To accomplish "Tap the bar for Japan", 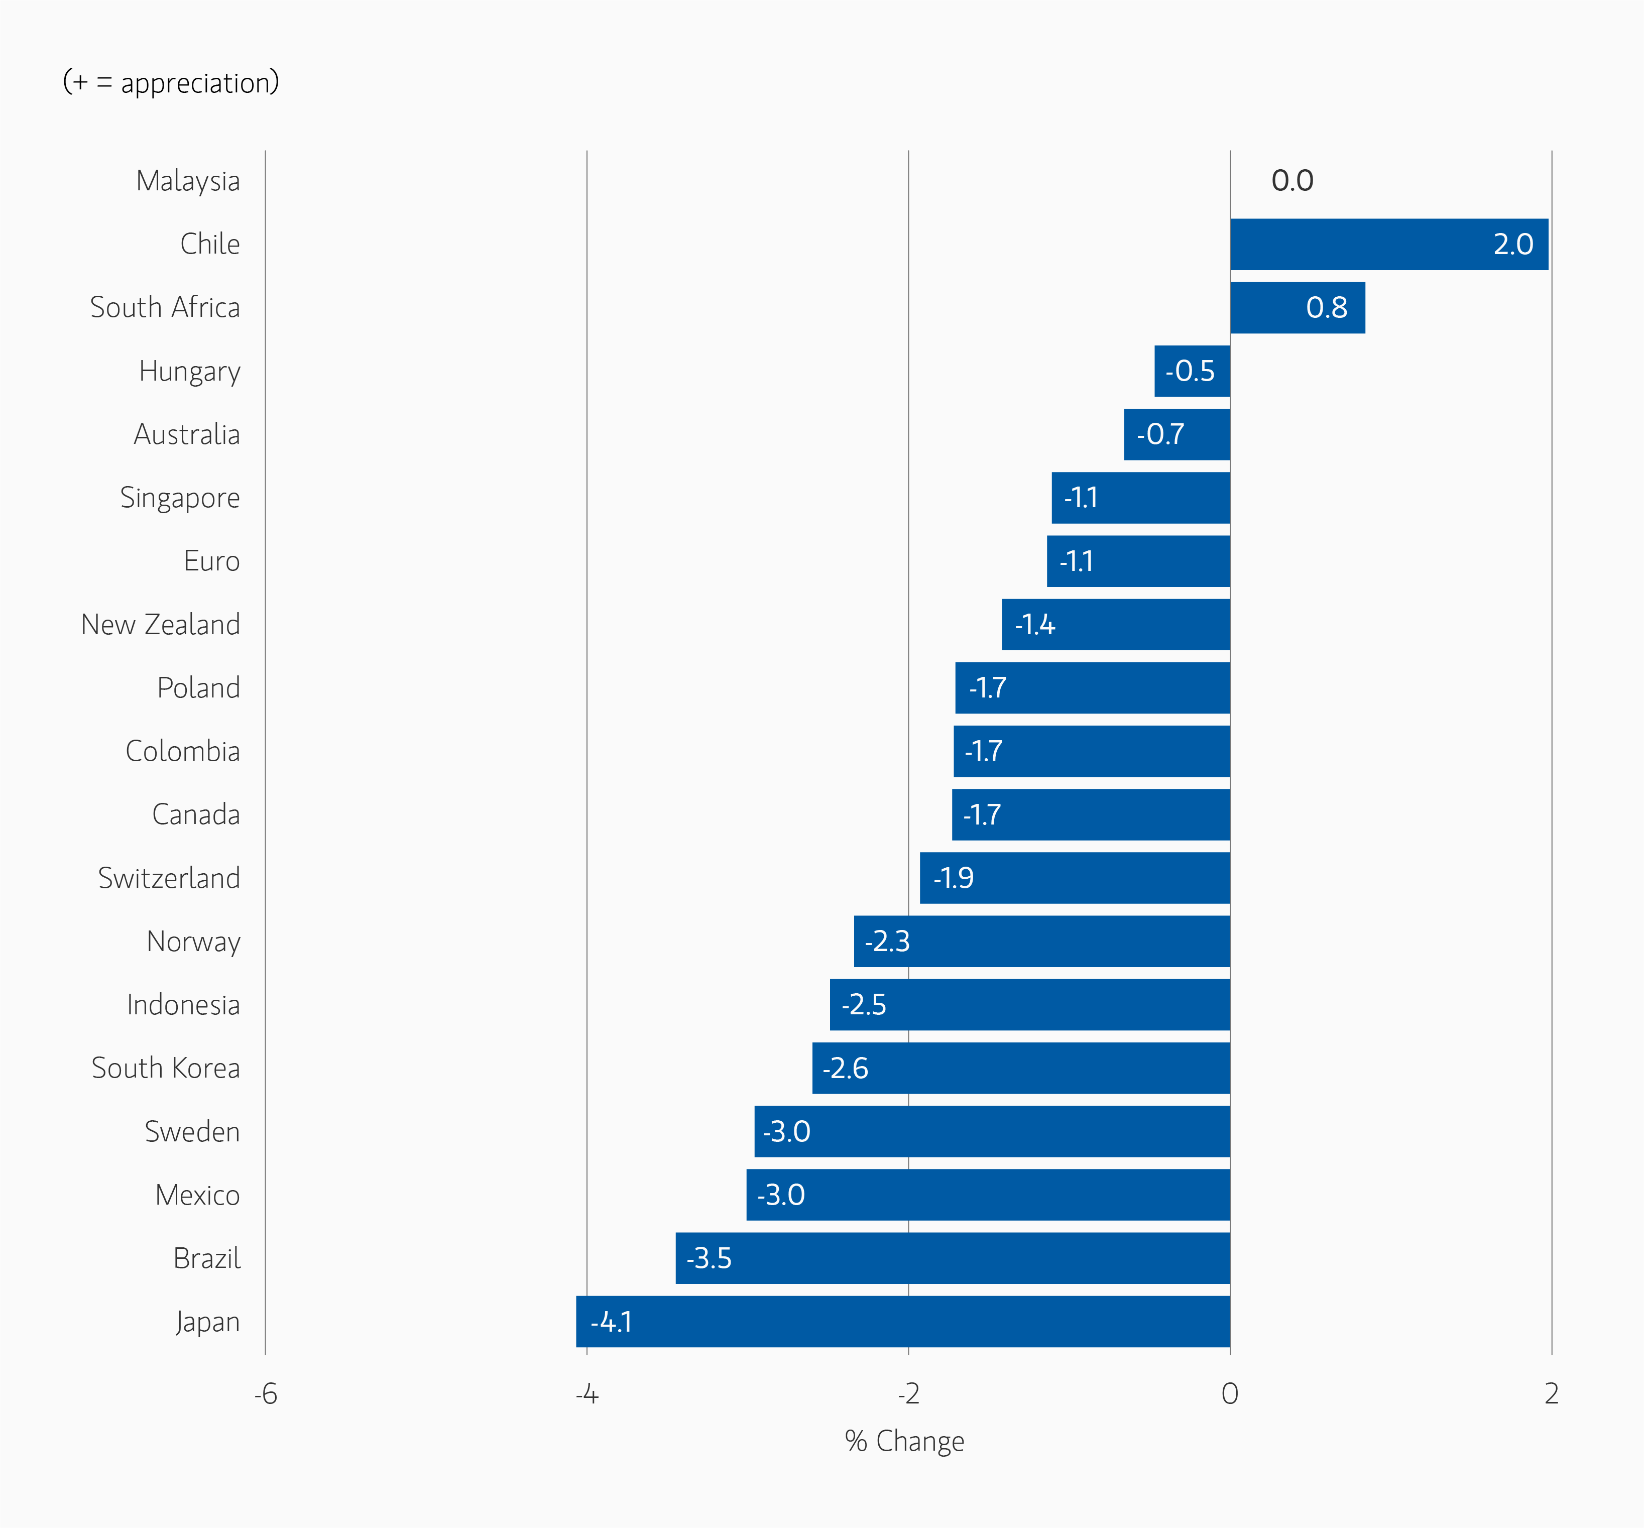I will click(x=902, y=1321).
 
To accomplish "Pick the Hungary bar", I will click(x=1192, y=371).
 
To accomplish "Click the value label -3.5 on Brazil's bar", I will click(x=709, y=1258).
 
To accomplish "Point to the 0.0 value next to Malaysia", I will click(x=1291, y=180).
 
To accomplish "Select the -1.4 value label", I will click(x=1034, y=624).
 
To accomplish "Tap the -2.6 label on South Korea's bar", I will click(x=845, y=1068).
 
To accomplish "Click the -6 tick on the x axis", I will click(x=266, y=1394).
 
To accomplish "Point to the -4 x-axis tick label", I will click(x=586, y=1394).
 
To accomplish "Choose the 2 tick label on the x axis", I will click(x=1552, y=1394).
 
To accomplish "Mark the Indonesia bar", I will click(x=1029, y=1005).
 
